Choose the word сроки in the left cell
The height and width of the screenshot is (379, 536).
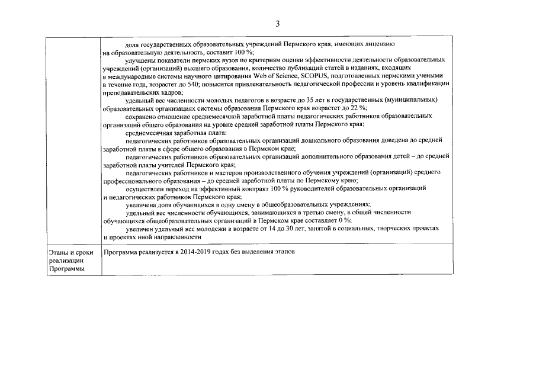pos(85,253)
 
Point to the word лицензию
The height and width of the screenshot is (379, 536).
pos(371,44)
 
